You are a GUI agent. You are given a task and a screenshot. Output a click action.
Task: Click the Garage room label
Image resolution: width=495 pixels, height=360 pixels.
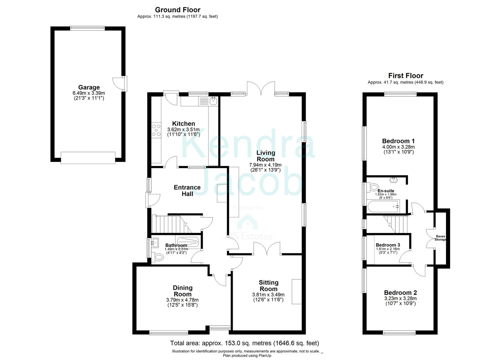tap(89, 88)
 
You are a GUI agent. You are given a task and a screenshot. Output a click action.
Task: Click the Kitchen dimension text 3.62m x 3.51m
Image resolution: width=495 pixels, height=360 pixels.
tap(183, 130)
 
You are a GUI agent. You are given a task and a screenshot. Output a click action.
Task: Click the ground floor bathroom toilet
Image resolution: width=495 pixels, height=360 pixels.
tap(159, 257)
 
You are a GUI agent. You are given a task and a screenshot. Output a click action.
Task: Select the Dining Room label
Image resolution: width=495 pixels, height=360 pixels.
tap(182, 291)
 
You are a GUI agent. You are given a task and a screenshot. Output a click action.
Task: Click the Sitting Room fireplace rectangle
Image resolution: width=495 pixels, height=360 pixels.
tap(296, 291)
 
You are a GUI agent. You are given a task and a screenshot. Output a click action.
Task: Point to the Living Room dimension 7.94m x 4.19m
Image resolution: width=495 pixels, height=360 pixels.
tap(265, 165)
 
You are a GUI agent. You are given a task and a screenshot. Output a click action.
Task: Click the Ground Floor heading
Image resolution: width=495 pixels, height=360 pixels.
tap(178, 10)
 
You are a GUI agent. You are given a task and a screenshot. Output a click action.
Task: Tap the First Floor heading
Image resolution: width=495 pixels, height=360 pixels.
tap(405, 76)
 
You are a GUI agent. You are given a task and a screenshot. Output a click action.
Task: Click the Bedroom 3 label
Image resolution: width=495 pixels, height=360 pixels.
tap(388, 245)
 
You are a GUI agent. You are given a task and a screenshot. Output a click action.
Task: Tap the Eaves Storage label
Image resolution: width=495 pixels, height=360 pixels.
tap(440, 238)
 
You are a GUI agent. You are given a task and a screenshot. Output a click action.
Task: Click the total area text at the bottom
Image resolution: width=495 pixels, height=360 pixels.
tap(244, 343)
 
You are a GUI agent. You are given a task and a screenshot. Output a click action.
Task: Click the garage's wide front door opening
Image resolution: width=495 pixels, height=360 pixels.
tap(88, 158)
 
